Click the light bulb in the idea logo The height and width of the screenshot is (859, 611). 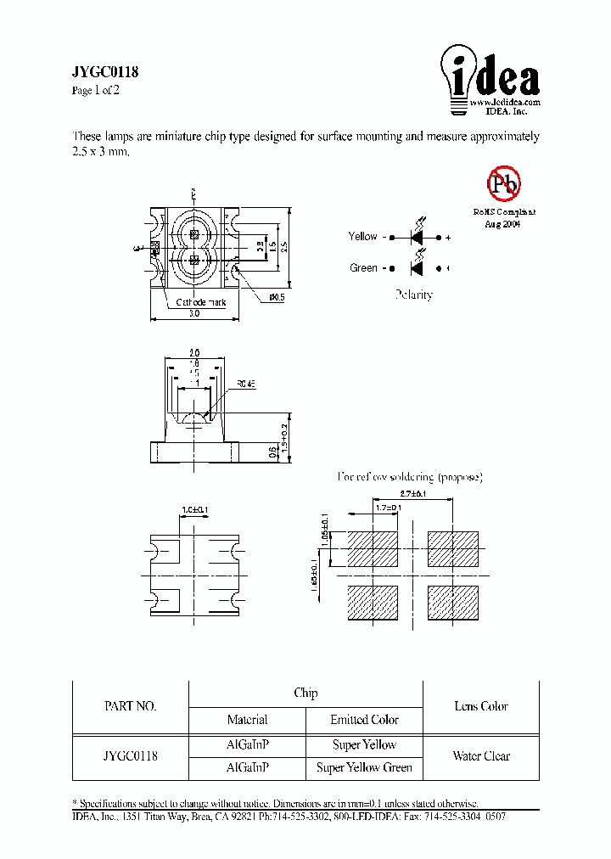[457, 77]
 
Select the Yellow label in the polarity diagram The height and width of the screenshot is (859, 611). [363, 237]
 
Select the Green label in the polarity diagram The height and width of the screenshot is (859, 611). [364, 268]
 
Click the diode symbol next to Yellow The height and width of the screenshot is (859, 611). [417, 238]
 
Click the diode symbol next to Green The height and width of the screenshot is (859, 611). [417, 268]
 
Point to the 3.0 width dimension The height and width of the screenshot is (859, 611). [193, 314]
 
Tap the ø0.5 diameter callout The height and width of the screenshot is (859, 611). [276, 297]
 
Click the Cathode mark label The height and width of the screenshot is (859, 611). [200, 302]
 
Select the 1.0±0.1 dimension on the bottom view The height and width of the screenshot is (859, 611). [194, 510]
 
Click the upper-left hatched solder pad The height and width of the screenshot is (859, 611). [373, 549]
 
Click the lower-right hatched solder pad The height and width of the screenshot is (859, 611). [453, 603]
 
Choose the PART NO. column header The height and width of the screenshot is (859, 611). [130, 706]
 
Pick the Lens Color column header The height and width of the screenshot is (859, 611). [481, 706]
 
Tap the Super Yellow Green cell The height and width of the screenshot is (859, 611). [364, 767]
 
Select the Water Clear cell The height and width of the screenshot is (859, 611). [481, 756]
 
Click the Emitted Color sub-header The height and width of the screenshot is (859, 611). [364, 720]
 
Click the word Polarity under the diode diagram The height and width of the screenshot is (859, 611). [413, 295]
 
